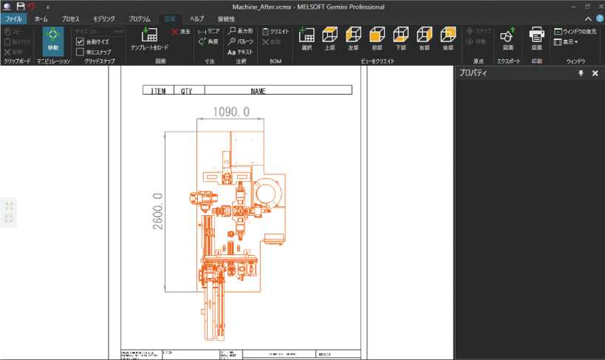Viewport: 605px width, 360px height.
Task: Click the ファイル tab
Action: click(13, 18)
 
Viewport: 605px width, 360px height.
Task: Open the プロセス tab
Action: click(71, 18)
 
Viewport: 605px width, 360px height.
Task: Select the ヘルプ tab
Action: click(196, 18)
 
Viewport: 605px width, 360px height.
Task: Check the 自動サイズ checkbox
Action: click(81, 42)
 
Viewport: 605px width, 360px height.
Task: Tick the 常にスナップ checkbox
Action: click(81, 52)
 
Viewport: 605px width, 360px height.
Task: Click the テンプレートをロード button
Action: click(149, 38)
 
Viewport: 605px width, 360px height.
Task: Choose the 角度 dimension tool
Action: click(208, 42)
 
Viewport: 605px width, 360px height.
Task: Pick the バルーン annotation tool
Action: click(240, 42)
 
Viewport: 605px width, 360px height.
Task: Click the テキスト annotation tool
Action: click(240, 52)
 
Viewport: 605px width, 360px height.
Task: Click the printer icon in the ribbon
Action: click(537, 35)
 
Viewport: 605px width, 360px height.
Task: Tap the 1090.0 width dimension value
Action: click(230, 112)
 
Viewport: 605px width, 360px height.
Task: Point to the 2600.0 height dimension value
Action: click(157, 211)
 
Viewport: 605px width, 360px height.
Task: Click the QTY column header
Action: click(188, 91)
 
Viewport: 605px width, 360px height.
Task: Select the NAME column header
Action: click(258, 91)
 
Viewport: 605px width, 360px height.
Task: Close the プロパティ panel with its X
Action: click(595, 73)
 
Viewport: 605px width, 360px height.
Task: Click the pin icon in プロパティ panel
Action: click(581, 73)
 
